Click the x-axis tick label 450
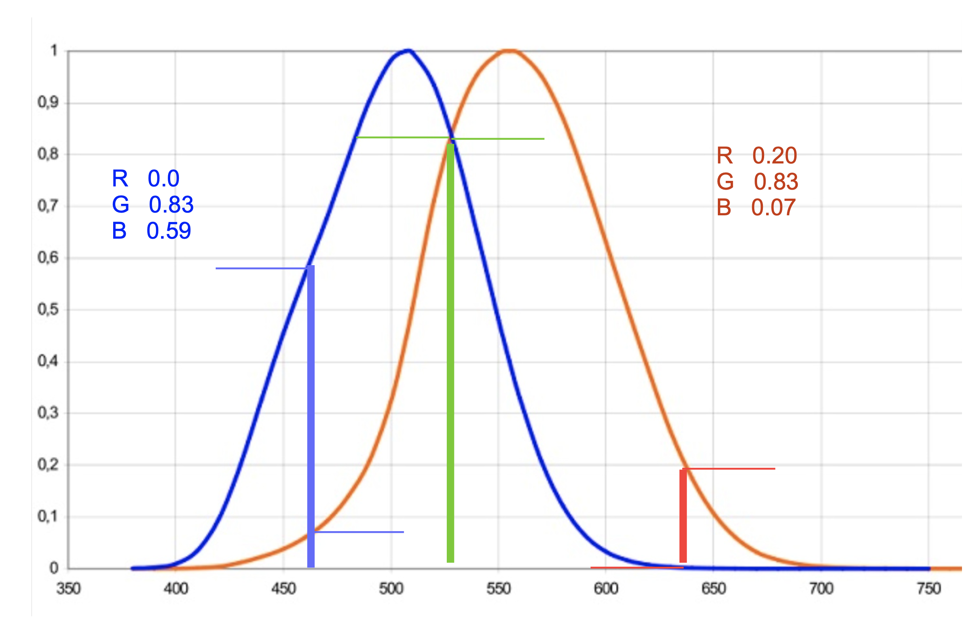pyautogui.click(x=283, y=589)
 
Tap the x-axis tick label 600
pyautogui.click(x=606, y=589)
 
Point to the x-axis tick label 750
pyautogui.click(x=929, y=589)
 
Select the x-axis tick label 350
pyautogui.click(x=68, y=589)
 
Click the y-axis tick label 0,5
pyautogui.click(x=48, y=310)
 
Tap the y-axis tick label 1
pyautogui.click(x=54, y=51)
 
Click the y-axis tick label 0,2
pyautogui.click(x=48, y=464)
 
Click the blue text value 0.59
pyautogui.click(x=169, y=231)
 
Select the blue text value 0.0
pyautogui.click(x=163, y=178)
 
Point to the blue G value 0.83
pyautogui.click(x=171, y=204)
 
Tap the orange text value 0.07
pyautogui.click(x=773, y=207)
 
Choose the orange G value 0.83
pyautogui.click(x=776, y=181)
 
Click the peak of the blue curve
pyautogui.click(x=409, y=50)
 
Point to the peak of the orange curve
pyautogui.click(x=509, y=50)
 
